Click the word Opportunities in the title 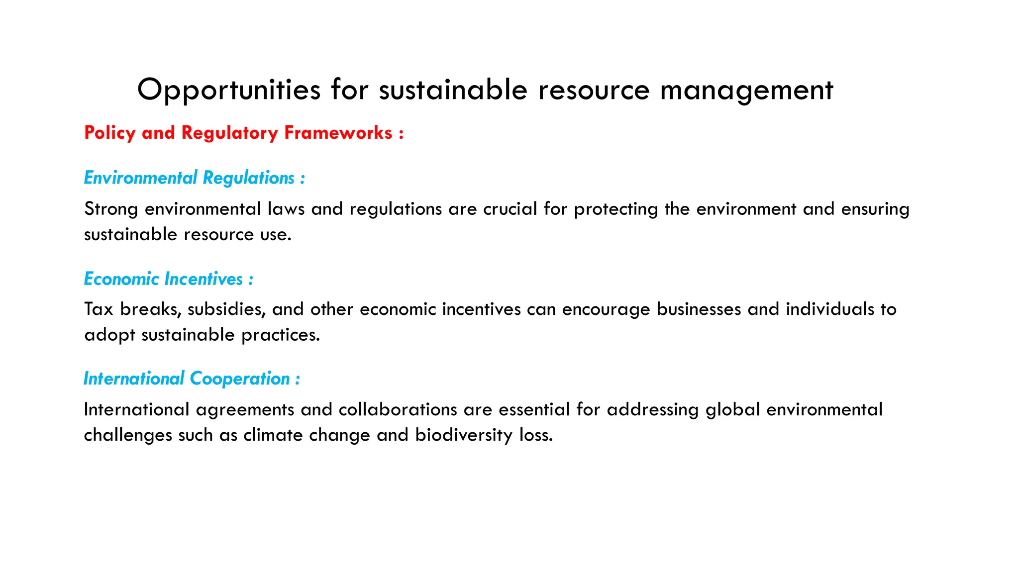pos(229,91)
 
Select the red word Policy pos(110,133)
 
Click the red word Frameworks pos(338,133)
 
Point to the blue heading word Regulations pos(249,178)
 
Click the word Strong pos(111,209)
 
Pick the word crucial pos(510,209)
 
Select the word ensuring pos(875,209)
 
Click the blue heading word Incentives pos(204,279)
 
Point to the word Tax pos(99,309)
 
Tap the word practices pos(281,335)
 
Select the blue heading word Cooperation pos(240,379)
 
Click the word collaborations pos(398,410)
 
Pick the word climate pos(273,435)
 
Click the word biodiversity pos(464,435)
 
